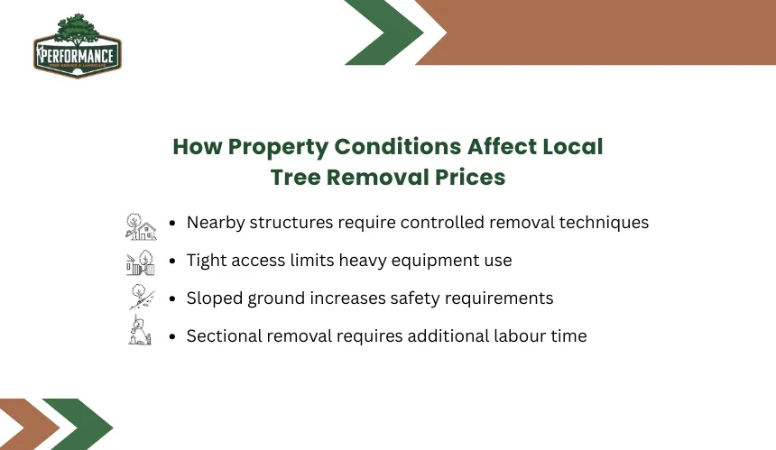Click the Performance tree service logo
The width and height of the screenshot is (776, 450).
[78, 45]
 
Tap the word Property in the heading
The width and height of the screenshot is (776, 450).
[278, 147]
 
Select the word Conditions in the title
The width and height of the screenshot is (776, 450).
[398, 146]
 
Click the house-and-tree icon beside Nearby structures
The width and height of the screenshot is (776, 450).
[141, 227]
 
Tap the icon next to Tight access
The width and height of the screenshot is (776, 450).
[141, 262]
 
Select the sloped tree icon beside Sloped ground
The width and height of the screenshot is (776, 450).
[142, 297]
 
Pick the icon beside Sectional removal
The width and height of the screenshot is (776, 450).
[140, 330]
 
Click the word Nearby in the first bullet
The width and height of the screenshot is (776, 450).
[216, 223]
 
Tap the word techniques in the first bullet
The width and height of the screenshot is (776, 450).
[604, 223]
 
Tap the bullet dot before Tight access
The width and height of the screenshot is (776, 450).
[172, 262]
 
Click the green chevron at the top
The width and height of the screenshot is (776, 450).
[384, 32]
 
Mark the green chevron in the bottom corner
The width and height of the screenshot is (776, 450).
[79, 424]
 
